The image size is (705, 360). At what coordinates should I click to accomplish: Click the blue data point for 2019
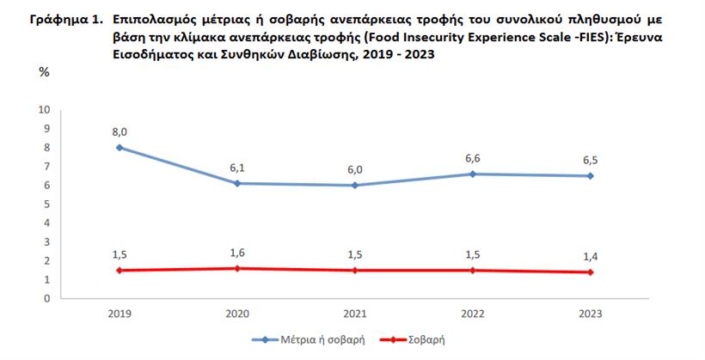(x=119, y=147)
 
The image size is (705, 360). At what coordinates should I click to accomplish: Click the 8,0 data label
(x=119, y=131)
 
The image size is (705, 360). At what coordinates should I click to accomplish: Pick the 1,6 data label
(x=238, y=253)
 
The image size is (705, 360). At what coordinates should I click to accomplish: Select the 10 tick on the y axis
(x=46, y=109)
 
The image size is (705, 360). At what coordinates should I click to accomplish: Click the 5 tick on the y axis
(x=48, y=204)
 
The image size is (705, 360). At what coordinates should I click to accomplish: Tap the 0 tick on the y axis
(x=48, y=298)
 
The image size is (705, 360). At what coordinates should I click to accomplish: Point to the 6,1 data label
(x=238, y=168)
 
